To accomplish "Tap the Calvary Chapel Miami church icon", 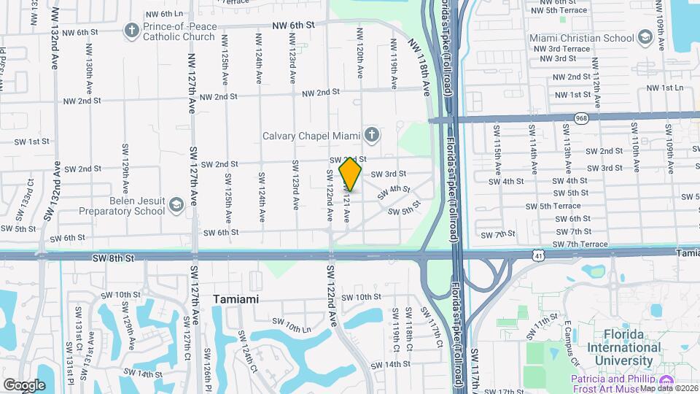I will coord(372,134).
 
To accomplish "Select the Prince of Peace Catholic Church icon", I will coord(131,30).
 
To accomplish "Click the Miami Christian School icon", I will coord(645,37).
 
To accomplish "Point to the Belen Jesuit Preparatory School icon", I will coord(176,206).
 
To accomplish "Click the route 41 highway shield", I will coord(537,255).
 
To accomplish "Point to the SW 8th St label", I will coord(114,258).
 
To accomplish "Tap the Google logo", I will coord(24,385).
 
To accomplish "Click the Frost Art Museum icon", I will coord(666,382).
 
